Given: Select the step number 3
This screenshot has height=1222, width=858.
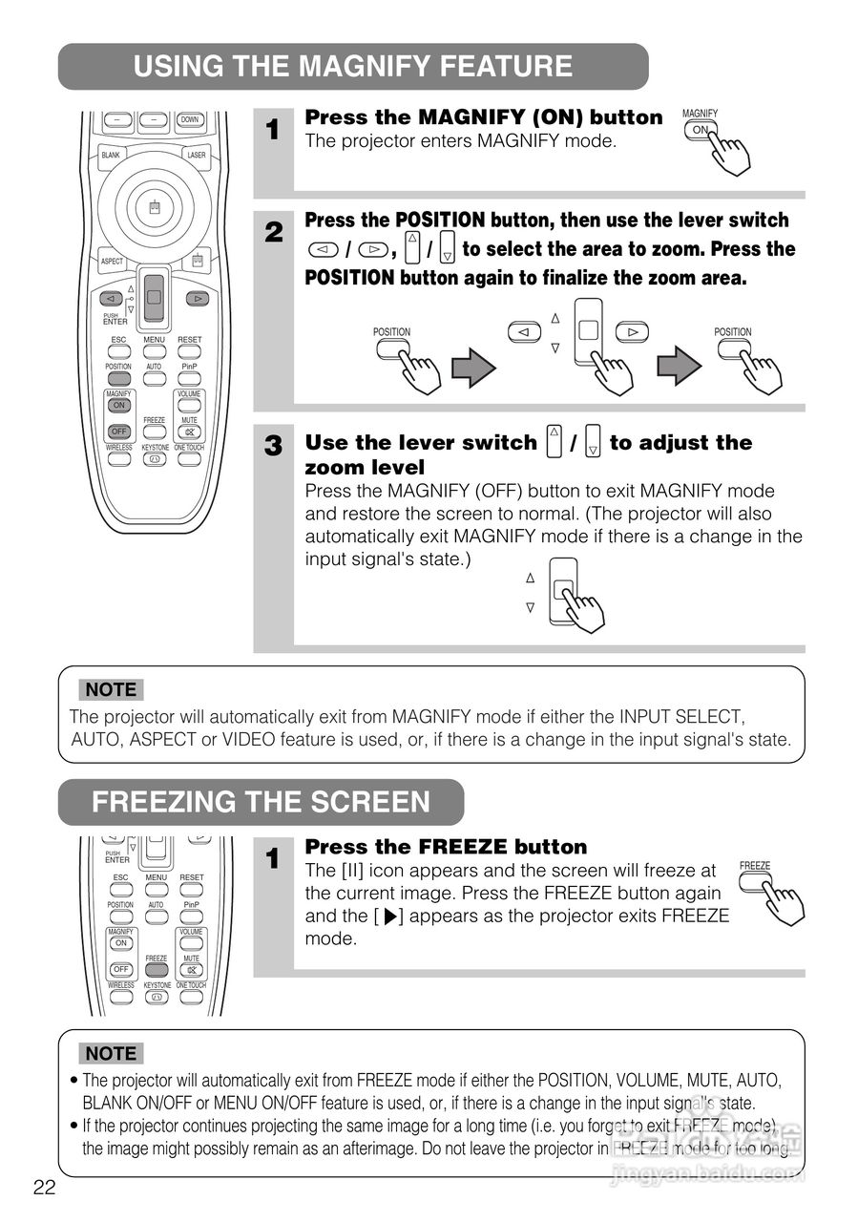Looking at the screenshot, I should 274,446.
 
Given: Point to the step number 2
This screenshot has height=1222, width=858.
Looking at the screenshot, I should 274,231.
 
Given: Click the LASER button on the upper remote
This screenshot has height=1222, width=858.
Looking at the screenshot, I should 197,155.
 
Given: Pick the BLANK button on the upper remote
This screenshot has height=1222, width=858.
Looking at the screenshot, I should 112,155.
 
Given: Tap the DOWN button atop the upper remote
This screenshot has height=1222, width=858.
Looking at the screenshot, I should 190,120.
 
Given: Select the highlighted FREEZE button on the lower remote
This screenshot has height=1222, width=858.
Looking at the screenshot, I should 157,969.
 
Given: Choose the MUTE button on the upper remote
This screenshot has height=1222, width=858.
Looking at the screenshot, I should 189,432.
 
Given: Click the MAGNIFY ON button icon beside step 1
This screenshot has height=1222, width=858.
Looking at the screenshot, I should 701,131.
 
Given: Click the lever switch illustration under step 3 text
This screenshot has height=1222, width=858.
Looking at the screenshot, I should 564,592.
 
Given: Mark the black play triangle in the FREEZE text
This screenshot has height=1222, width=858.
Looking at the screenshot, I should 388,917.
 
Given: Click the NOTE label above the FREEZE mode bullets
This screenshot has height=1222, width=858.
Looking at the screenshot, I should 111,1054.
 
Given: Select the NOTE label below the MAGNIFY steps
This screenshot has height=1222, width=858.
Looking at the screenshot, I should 111,689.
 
